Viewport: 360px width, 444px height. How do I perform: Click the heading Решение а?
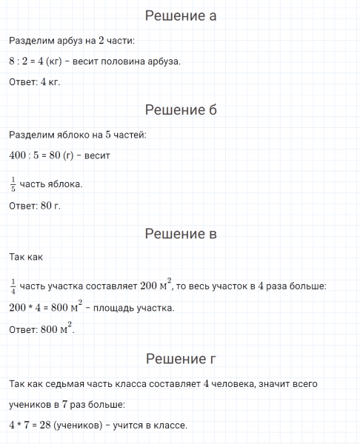coord(180,16)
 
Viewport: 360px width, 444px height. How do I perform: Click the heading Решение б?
coord(180,110)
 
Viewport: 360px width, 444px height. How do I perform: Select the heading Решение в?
coord(180,235)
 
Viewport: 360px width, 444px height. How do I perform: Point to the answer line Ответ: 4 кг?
coord(35,81)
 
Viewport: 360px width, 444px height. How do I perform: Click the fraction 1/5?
coord(13,183)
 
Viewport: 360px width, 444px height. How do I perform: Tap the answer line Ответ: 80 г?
coord(35,206)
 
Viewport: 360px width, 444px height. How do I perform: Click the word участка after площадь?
coord(154,307)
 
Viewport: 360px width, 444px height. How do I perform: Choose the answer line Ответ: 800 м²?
coord(41,329)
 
